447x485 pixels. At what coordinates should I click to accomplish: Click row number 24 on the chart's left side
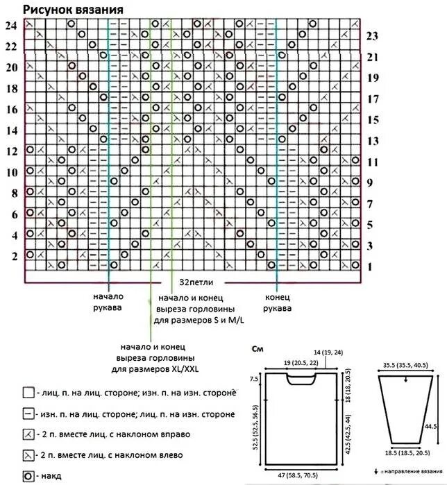pyautogui.click(x=11, y=26)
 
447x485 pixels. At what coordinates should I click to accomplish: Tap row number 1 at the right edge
pyautogui.click(x=371, y=267)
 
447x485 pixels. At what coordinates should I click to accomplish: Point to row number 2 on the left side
pyautogui.click(x=13, y=257)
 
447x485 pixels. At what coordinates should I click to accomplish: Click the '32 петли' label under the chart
pyautogui.click(x=196, y=283)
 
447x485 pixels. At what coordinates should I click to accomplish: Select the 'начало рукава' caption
pyautogui.click(x=108, y=302)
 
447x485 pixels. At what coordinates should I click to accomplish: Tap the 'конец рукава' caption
pyautogui.click(x=278, y=302)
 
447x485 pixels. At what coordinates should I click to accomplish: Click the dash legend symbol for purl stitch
pyautogui.click(x=29, y=414)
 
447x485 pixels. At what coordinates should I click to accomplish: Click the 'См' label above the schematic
pyautogui.click(x=258, y=348)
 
